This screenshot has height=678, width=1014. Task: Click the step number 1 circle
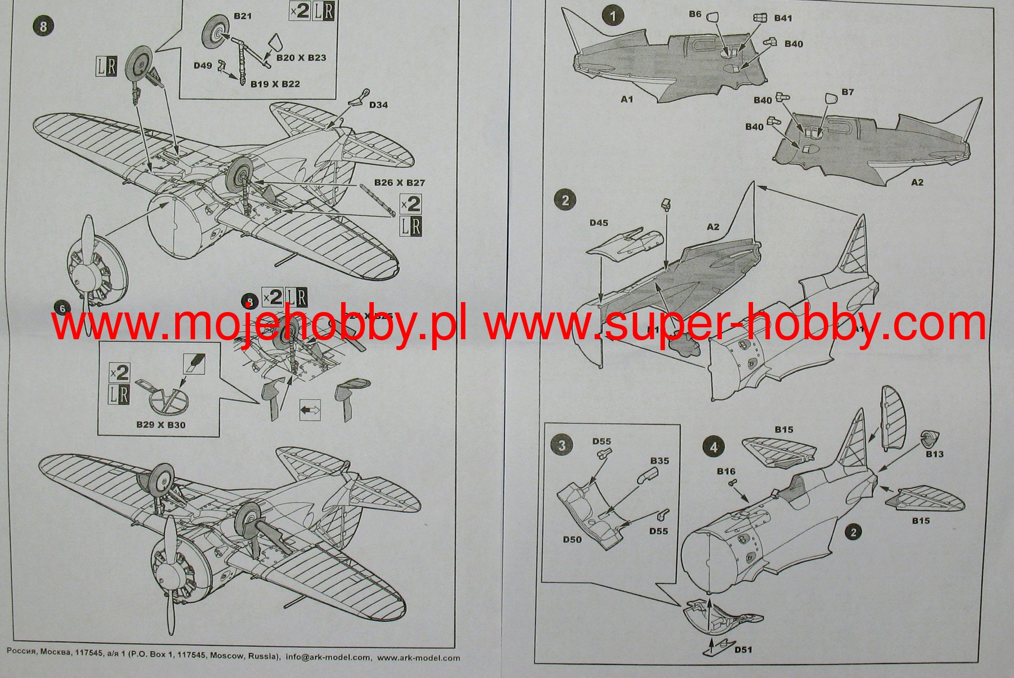612,16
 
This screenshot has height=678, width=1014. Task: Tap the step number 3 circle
561,445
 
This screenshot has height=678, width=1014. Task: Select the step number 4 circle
713,447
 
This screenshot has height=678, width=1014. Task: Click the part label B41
783,18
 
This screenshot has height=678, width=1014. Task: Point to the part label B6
695,14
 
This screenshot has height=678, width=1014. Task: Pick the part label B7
848,92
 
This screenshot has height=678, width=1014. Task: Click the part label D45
599,223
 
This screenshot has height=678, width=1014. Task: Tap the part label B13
935,454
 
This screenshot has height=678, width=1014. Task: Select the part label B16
726,471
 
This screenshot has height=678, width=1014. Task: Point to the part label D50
572,539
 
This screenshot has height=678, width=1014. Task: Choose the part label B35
659,461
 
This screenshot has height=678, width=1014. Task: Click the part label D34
379,104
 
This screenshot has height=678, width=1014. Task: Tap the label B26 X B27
400,183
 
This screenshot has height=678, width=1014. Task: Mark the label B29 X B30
161,424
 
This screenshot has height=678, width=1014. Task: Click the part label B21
243,16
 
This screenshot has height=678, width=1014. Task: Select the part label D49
203,65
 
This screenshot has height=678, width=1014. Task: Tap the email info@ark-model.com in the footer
328,658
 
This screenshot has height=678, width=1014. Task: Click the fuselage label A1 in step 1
627,100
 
